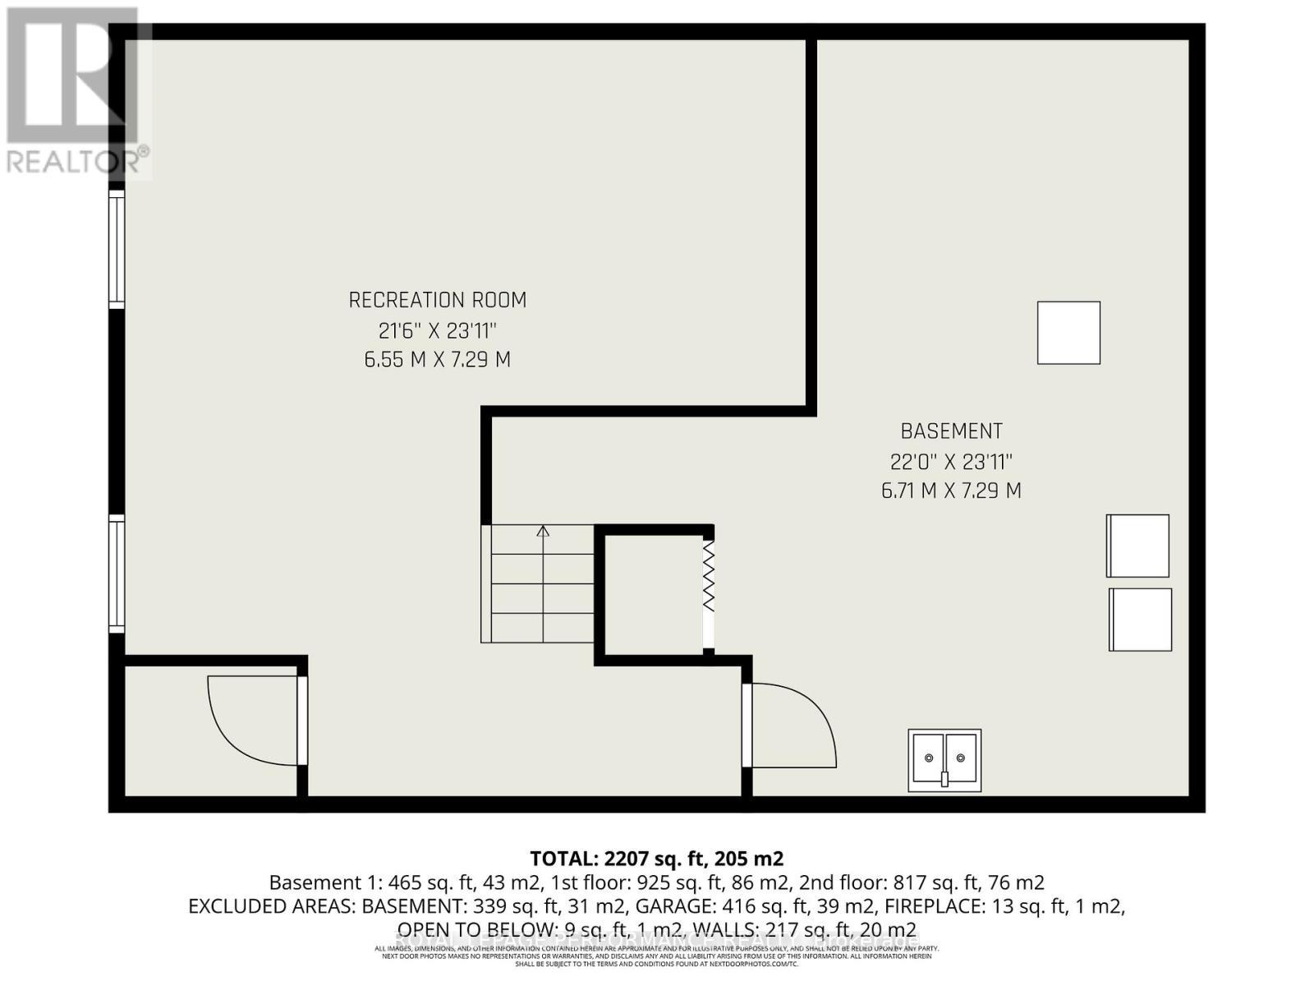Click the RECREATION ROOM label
(438, 301)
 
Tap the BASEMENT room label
(951, 431)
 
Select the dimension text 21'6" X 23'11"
(438, 331)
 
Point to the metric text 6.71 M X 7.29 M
(951, 491)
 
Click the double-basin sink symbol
(944, 760)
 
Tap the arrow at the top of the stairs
(543, 532)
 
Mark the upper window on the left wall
(117, 250)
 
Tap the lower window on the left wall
(117, 574)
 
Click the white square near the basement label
(1068, 333)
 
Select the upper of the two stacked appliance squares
(1137, 546)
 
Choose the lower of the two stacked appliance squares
(1140, 620)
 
